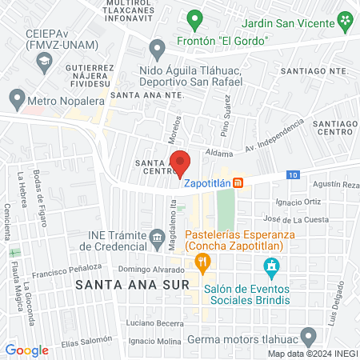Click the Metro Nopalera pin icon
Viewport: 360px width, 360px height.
click(x=17, y=99)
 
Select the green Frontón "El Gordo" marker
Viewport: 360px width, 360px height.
click(x=194, y=17)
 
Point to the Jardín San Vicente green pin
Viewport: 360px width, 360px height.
click(x=344, y=19)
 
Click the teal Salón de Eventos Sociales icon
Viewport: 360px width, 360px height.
click(x=272, y=265)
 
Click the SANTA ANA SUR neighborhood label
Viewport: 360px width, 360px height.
click(x=144, y=285)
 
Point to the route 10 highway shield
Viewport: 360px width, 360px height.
click(x=294, y=174)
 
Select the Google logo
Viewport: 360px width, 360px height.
click(x=26, y=350)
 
